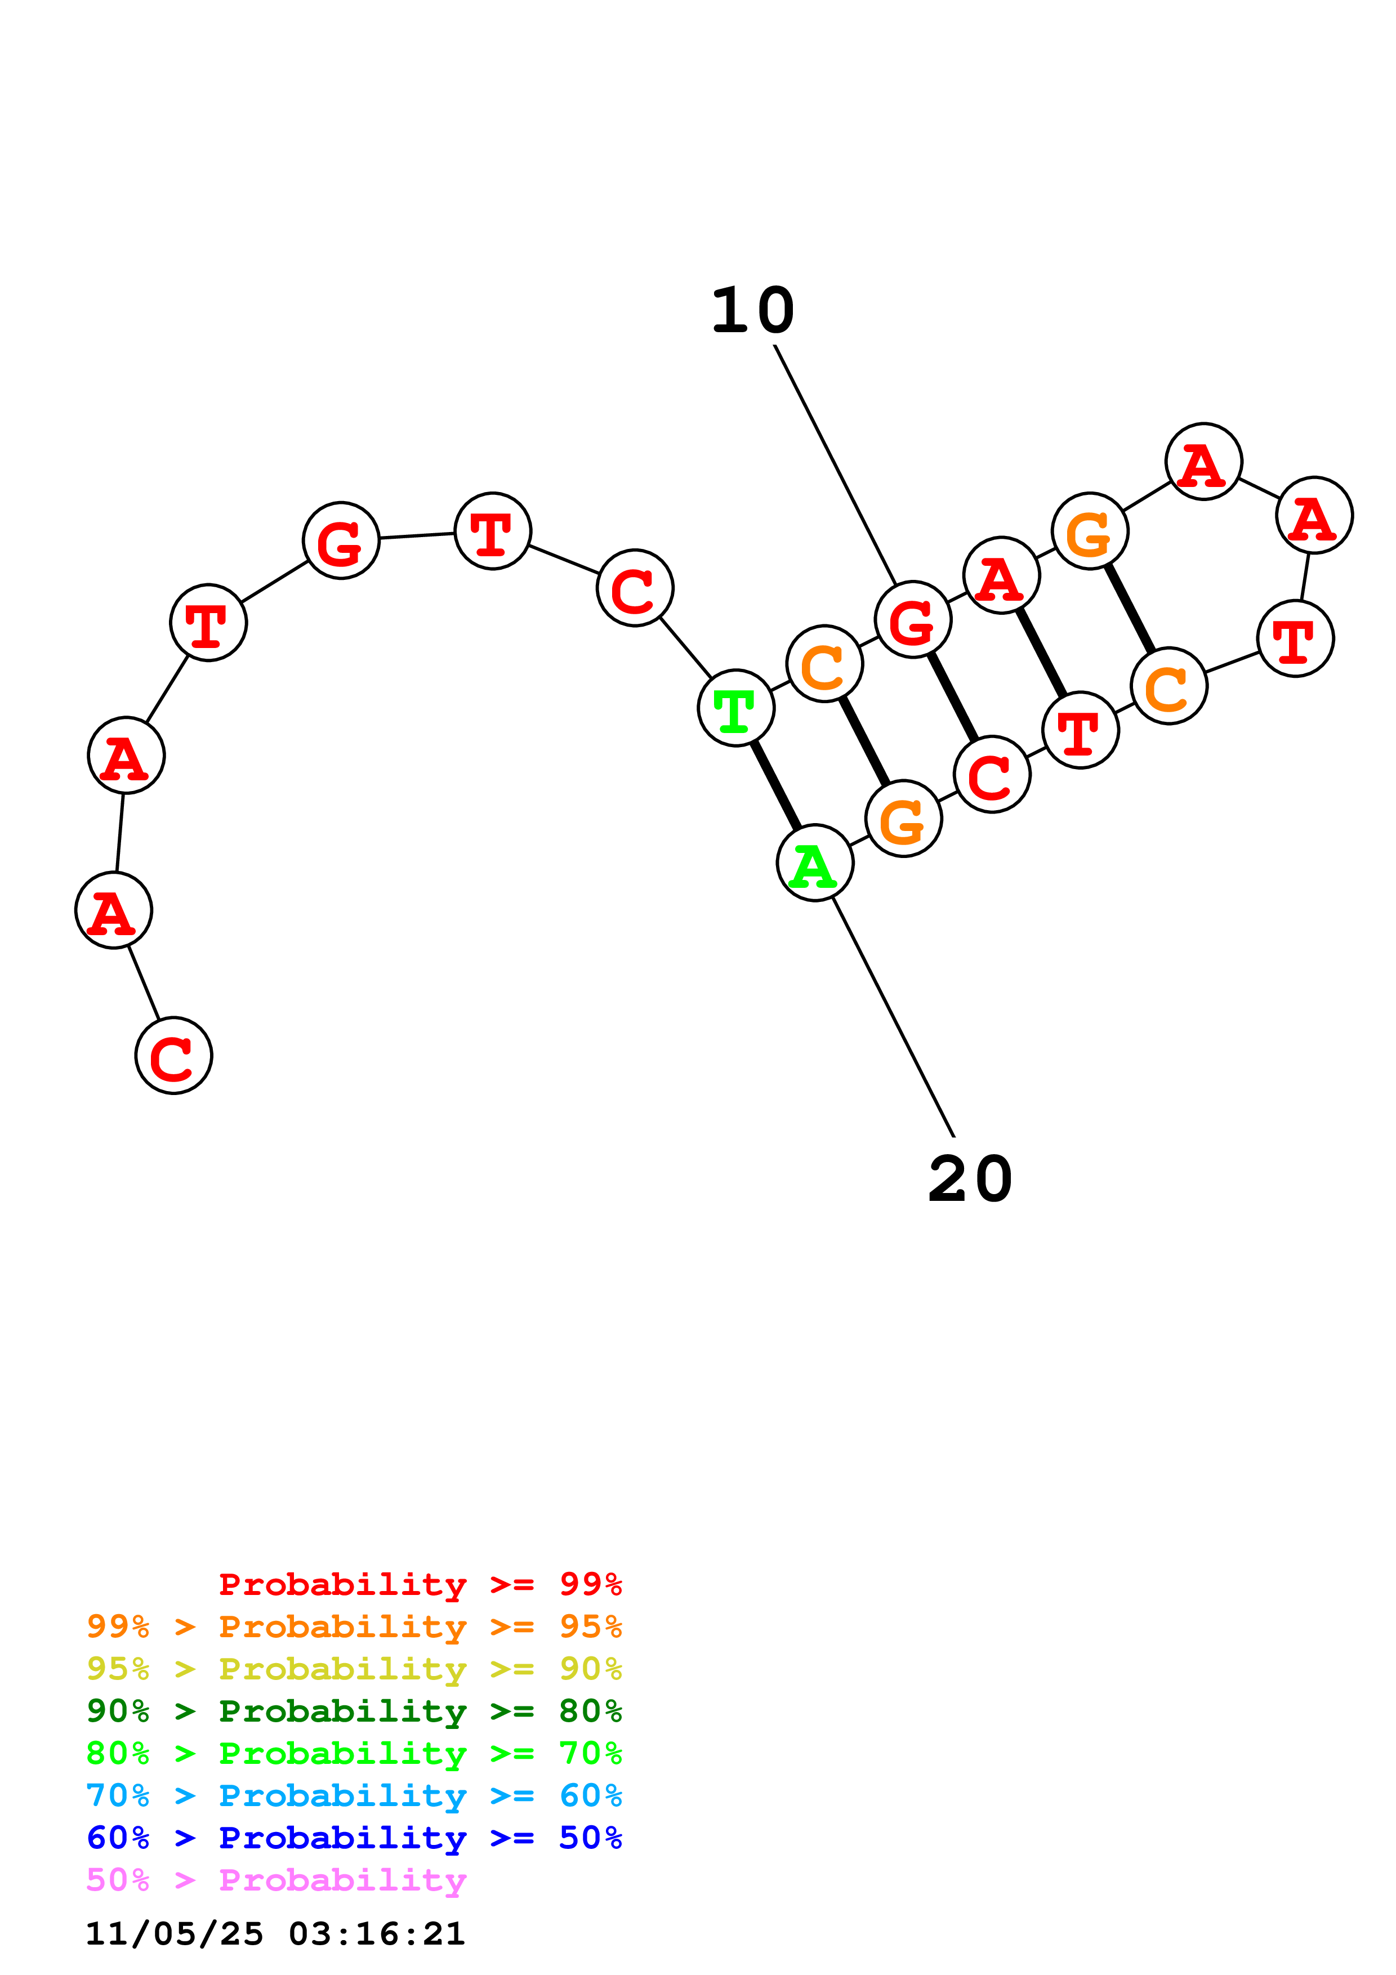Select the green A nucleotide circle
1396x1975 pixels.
(814, 863)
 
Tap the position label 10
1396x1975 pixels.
(752, 311)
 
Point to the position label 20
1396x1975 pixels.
(970, 1179)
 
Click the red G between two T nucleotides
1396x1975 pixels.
(341, 541)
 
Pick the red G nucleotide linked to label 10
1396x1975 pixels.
(913, 619)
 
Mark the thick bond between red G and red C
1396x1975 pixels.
(952, 697)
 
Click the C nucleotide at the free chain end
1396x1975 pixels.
(174, 1056)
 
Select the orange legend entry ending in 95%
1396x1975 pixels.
(354, 1627)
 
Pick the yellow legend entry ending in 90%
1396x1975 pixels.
(354, 1669)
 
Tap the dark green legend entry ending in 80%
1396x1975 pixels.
(354, 1711)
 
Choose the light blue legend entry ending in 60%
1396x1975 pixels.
(354, 1795)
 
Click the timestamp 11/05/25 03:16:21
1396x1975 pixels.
(275, 1934)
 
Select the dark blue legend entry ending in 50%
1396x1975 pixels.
(354, 1838)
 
